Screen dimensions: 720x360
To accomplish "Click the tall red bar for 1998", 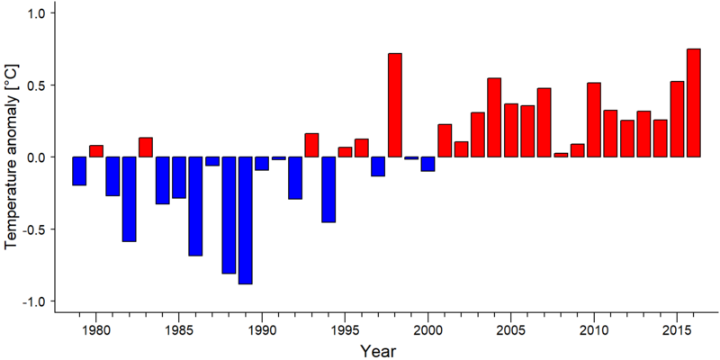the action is point(395,105).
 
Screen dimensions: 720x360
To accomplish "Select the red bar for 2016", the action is point(694,103).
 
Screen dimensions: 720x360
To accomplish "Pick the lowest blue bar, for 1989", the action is point(245,220).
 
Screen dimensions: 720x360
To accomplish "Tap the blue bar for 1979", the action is point(79,171).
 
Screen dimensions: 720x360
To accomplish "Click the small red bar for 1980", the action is point(96,151).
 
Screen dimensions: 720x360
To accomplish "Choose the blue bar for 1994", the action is point(328,189).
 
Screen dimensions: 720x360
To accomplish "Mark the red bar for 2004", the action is point(494,118).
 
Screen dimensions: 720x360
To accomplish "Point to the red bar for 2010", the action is point(594,120).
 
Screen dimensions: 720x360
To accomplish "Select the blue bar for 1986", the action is point(195,206).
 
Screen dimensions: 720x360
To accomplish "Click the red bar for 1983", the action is point(146,147).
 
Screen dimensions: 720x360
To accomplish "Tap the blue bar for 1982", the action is point(129,199).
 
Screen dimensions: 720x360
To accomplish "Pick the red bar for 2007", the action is point(544,122).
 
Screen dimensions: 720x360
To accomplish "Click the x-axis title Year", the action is point(377,351).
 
